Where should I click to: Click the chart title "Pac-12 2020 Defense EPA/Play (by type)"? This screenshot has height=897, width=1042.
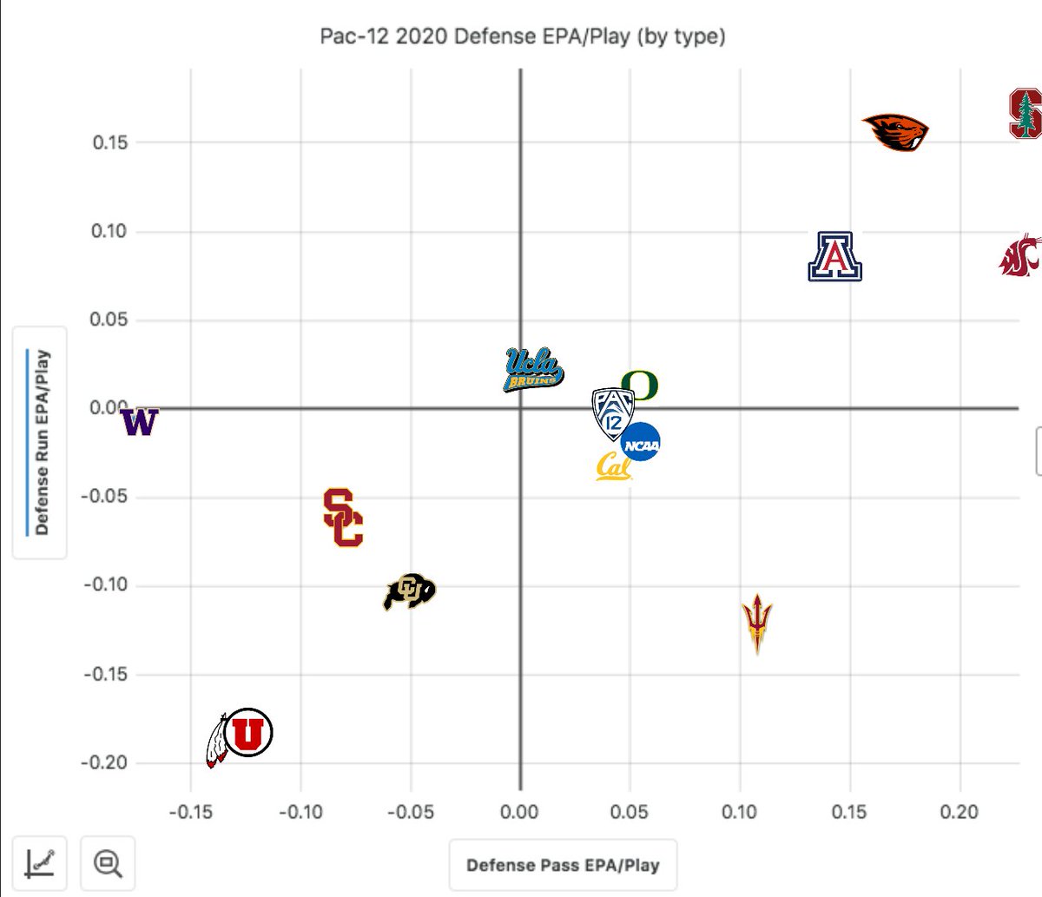tap(523, 36)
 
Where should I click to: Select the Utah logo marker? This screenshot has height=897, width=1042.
tap(241, 735)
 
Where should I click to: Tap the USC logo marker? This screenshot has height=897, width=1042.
tap(343, 518)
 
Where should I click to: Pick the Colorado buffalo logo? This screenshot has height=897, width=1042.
tap(409, 592)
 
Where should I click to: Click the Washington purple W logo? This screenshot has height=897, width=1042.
tap(139, 422)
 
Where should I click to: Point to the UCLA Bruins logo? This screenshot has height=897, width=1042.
tap(533, 370)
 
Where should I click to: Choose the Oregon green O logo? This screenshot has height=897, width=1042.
tap(640, 384)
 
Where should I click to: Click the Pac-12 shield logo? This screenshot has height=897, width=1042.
tap(612, 412)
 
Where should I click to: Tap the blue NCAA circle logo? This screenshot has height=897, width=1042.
tap(641, 443)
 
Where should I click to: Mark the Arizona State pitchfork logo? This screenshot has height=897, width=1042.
tap(757, 623)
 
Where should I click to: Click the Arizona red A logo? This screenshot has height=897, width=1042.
tap(834, 257)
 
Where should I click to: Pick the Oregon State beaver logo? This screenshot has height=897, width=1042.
tap(896, 132)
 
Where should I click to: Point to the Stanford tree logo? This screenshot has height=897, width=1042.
tap(1026, 113)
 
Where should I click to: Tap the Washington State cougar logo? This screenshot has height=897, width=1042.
tap(1020, 255)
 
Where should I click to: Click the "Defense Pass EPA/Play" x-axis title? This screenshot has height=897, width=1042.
tap(563, 865)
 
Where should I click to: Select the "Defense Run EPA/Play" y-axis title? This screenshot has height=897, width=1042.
tap(40, 442)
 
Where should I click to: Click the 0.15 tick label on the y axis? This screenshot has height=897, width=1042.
tap(110, 142)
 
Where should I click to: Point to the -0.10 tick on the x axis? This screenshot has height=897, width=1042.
tap(300, 812)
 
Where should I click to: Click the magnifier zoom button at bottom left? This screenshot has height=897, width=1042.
tap(109, 863)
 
